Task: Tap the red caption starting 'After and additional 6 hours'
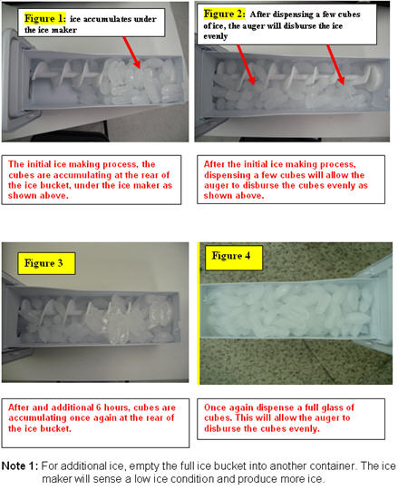(93, 416)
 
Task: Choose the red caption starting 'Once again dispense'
(292, 416)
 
